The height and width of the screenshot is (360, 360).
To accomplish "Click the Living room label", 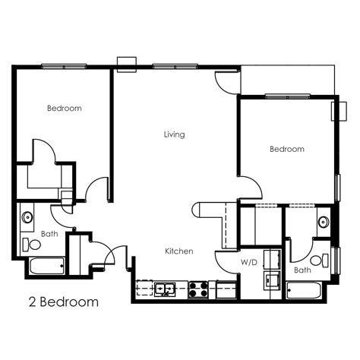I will (174, 134).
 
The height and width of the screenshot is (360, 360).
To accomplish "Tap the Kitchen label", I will (179, 251).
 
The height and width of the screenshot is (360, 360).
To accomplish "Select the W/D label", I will (248, 262).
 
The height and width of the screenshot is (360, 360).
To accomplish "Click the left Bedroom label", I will (64, 109).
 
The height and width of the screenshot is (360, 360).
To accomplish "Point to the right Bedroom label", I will (287, 149).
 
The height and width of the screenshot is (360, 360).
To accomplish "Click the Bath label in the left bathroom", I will (49, 234).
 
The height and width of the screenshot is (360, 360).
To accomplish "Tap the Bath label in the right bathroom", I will (302, 270).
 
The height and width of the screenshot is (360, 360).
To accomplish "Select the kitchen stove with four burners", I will (199, 289).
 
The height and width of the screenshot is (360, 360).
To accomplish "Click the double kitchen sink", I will (165, 289).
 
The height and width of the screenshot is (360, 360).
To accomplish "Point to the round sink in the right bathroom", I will (323, 222).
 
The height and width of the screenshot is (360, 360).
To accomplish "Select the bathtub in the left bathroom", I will (47, 267).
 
